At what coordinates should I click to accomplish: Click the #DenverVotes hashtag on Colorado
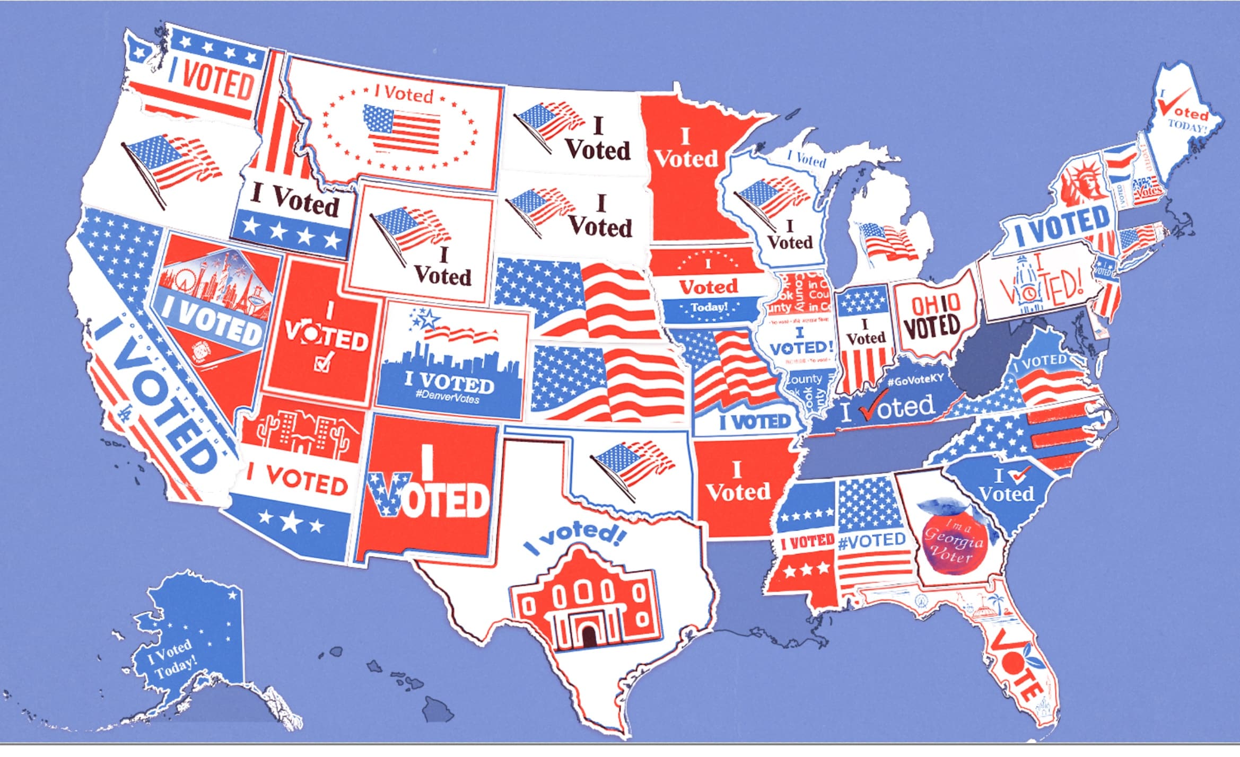click(x=448, y=398)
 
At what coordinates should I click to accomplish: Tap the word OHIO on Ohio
click(x=936, y=305)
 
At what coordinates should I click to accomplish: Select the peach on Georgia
click(x=953, y=541)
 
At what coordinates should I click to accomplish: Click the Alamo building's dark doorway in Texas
click(x=588, y=635)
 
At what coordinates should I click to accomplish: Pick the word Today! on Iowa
click(x=709, y=307)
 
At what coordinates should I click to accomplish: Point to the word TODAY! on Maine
click(x=1188, y=128)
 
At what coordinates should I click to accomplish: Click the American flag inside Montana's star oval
click(x=402, y=129)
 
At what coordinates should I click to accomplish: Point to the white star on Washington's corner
click(x=140, y=52)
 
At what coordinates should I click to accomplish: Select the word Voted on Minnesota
click(x=686, y=158)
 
